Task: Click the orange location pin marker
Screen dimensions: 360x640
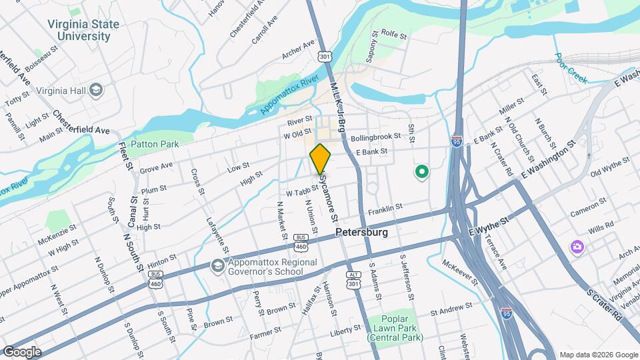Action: coord(321,159)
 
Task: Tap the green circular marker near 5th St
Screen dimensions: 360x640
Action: coord(421,173)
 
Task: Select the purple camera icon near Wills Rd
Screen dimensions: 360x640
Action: coord(577,247)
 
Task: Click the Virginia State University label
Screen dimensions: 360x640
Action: coord(83,31)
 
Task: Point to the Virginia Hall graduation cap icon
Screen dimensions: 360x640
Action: coord(96,89)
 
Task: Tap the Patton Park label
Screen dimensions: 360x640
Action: coord(155,143)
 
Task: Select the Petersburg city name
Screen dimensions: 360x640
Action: coord(362,233)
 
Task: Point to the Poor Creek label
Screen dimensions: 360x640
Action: coord(570,69)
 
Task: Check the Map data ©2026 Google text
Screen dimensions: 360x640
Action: coord(598,354)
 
